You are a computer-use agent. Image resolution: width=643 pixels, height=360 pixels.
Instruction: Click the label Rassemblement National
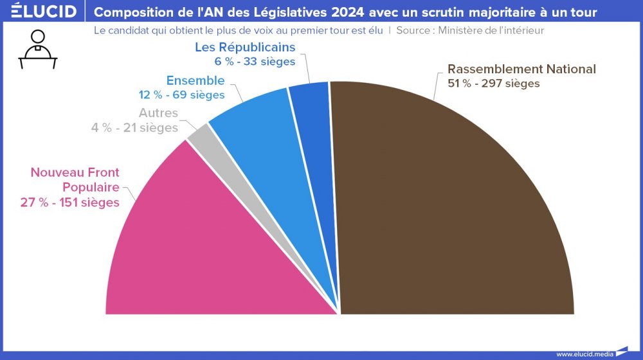tap(521, 69)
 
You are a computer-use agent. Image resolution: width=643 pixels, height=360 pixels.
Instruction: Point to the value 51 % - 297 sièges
tap(493, 84)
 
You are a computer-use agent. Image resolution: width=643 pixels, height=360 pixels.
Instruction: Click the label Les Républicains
tap(245, 48)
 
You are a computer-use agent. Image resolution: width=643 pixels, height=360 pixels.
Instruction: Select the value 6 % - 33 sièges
tap(255, 62)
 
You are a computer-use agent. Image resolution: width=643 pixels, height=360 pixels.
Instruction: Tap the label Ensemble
tap(195, 81)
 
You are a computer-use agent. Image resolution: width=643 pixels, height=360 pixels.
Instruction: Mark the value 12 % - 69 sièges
tap(181, 95)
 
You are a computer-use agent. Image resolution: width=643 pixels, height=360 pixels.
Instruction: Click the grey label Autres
tap(158, 114)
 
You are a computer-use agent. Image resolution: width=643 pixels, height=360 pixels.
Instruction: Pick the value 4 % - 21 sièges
tap(134, 128)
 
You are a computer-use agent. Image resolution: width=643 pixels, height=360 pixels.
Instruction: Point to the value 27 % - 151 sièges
tap(70, 203)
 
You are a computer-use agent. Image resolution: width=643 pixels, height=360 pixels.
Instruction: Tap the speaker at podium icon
tap(38, 50)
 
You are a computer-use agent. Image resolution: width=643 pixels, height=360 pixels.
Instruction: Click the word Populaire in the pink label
tap(91, 188)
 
